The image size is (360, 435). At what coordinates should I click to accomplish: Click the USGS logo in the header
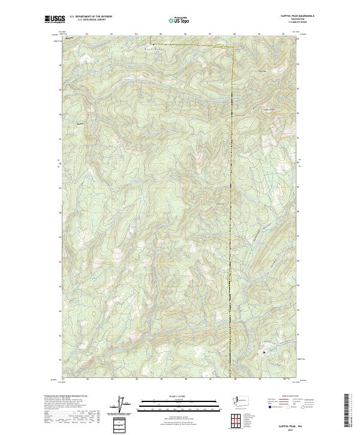pos(55,19)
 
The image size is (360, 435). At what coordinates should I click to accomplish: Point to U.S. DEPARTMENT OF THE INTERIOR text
pos(91,16)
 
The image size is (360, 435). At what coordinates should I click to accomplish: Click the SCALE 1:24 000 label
pos(179,396)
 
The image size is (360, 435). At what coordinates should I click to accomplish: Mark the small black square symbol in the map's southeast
pos(265,352)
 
